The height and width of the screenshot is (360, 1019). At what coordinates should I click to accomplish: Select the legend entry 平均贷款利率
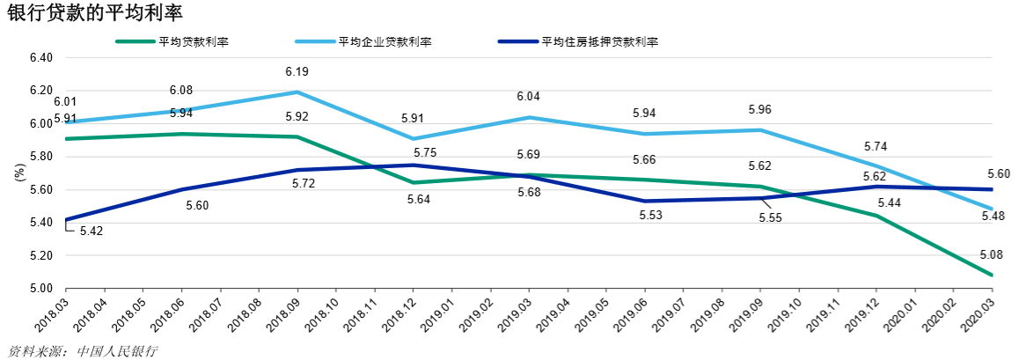click(x=193, y=41)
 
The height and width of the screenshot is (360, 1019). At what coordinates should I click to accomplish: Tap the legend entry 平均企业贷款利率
click(x=385, y=41)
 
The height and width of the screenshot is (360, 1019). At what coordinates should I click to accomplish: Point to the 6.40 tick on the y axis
click(x=41, y=58)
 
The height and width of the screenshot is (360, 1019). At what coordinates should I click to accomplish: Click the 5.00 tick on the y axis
click(x=41, y=289)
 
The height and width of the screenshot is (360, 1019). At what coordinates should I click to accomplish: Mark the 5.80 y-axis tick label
click(x=41, y=157)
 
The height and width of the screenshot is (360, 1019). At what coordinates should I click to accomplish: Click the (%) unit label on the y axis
click(x=19, y=173)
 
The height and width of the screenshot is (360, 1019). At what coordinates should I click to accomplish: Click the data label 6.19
click(x=297, y=71)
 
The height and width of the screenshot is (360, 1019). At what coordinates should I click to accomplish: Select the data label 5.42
click(x=91, y=231)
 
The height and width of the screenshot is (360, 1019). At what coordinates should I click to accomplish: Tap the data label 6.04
click(x=528, y=97)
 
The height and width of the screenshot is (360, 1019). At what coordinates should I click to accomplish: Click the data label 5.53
click(x=644, y=216)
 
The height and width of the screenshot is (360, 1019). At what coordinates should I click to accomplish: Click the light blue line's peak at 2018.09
click(x=297, y=92)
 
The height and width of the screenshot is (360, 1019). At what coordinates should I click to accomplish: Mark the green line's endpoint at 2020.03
click(x=992, y=276)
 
